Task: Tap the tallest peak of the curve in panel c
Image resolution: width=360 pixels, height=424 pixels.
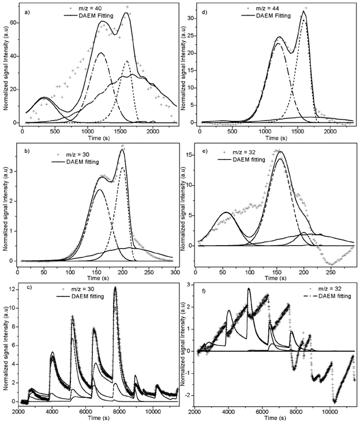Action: coord(115,287)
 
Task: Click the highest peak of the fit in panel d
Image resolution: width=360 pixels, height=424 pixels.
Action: coord(303,11)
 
